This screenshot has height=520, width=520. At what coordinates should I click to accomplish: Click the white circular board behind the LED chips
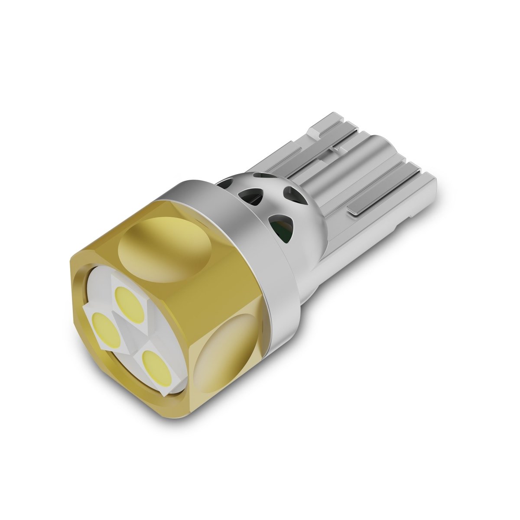[x=93, y=295]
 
